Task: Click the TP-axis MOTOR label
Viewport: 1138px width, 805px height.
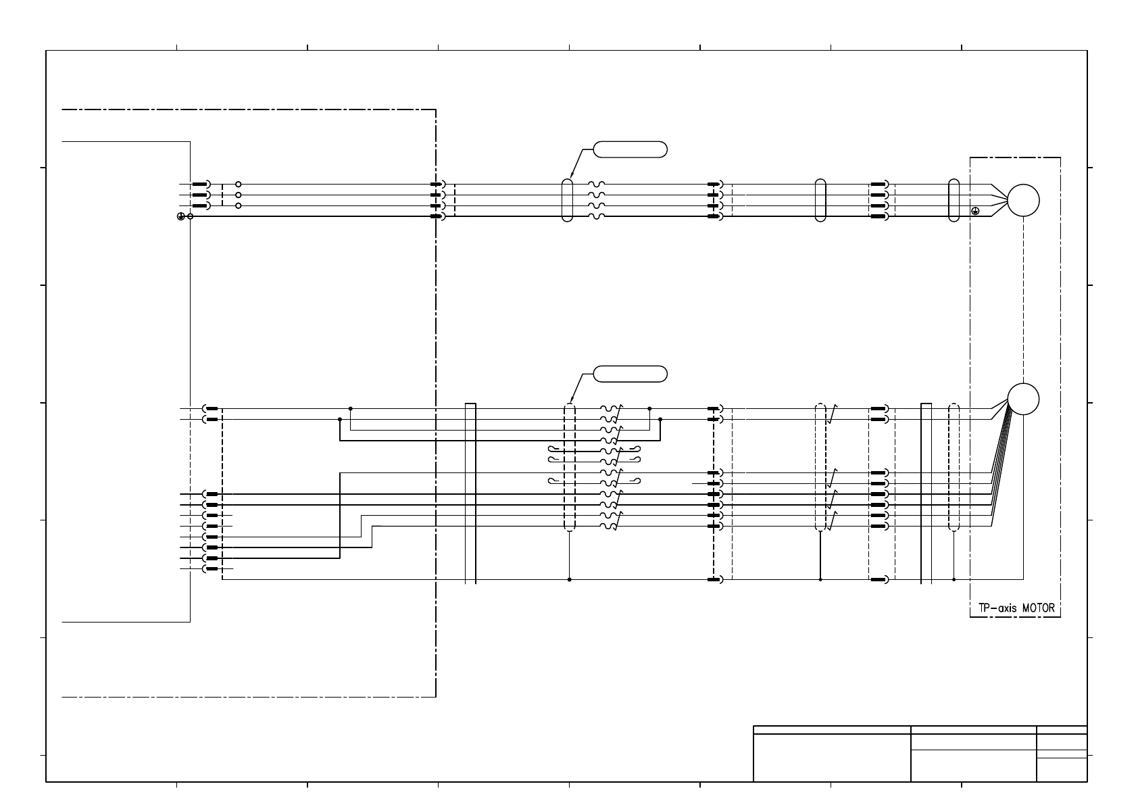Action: (x=1015, y=608)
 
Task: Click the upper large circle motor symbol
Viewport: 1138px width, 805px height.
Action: (x=1023, y=200)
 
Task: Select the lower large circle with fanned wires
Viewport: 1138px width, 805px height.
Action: (x=1023, y=399)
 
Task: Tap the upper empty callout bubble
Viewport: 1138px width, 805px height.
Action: (x=630, y=149)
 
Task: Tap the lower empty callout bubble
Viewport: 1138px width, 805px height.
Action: (x=630, y=374)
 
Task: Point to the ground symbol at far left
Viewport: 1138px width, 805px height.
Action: (x=181, y=216)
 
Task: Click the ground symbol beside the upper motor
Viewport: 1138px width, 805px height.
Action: (x=975, y=211)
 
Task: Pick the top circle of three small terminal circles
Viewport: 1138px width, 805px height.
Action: (x=238, y=184)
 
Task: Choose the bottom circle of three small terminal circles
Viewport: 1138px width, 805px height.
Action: (x=238, y=205)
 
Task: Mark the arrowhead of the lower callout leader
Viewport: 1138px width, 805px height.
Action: (x=571, y=401)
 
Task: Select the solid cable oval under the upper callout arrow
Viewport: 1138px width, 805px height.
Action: (x=568, y=200)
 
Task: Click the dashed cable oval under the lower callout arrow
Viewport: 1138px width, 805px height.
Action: (x=569, y=468)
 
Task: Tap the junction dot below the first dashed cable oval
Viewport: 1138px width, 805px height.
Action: (x=569, y=579)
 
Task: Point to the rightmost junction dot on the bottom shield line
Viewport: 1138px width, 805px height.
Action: (x=954, y=579)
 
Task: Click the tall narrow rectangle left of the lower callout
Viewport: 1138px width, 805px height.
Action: (x=470, y=493)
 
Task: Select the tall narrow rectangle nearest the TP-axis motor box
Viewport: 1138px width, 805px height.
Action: (x=926, y=493)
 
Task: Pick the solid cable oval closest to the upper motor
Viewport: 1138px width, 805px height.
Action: (x=954, y=200)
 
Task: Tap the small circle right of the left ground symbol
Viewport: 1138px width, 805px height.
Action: (x=191, y=216)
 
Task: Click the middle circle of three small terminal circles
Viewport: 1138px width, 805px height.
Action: (x=238, y=195)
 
